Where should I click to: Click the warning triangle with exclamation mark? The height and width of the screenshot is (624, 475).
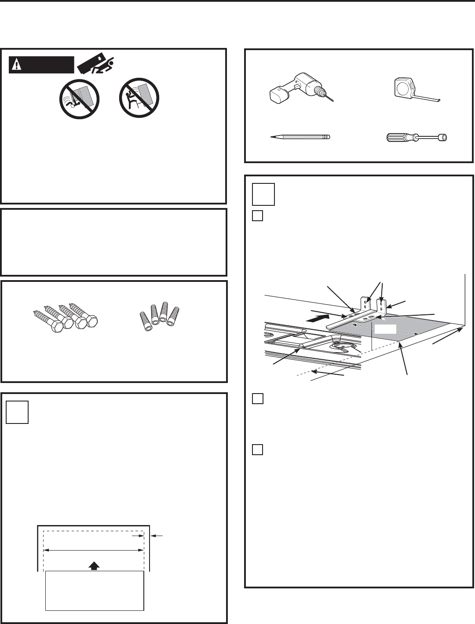(16, 65)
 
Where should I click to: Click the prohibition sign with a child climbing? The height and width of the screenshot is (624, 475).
(139, 98)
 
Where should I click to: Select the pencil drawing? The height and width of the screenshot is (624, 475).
(299, 137)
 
